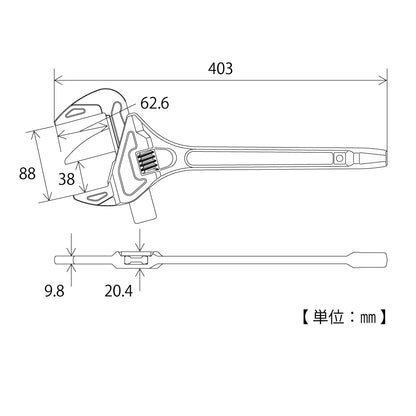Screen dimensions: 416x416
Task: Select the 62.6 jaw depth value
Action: click(155, 102)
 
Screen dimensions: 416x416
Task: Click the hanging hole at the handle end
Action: click(342, 158)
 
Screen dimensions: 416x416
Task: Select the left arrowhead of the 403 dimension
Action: click(56, 80)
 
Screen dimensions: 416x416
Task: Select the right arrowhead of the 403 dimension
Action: click(385, 80)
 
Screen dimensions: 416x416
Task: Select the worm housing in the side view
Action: click(135, 259)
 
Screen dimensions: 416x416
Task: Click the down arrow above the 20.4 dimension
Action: click(139, 243)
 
